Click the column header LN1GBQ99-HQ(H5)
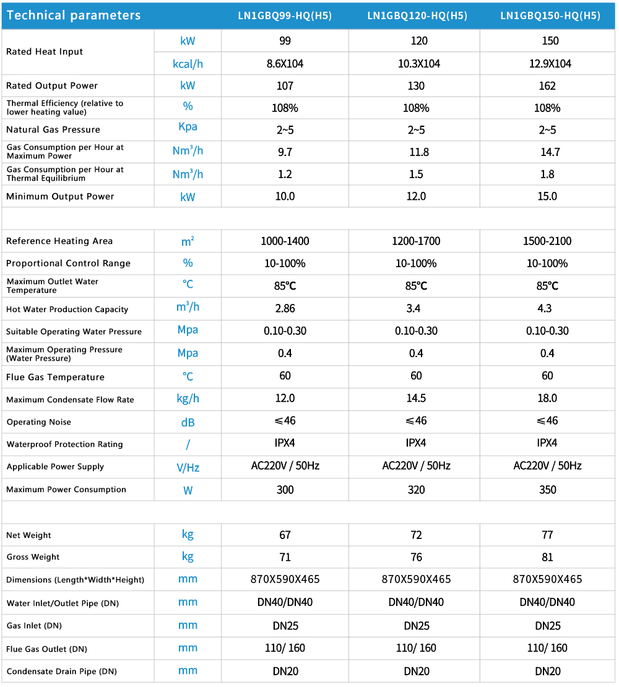(285, 16)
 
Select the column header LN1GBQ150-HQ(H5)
(550, 16)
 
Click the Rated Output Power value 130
(416, 86)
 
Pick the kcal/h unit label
(188, 63)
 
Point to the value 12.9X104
(547, 64)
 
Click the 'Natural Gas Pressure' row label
(53, 129)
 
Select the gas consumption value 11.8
(418, 152)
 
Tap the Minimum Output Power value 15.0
(547, 196)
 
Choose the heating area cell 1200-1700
(416, 241)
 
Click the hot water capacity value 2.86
(285, 308)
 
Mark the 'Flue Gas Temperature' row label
(55, 377)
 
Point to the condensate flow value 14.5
(416, 399)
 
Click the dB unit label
(188, 422)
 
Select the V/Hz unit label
(188, 467)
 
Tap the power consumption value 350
(547, 490)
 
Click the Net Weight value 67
(285, 535)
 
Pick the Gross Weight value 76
(416, 557)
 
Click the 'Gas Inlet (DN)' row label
(33, 626)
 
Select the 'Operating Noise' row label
(38, 422)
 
